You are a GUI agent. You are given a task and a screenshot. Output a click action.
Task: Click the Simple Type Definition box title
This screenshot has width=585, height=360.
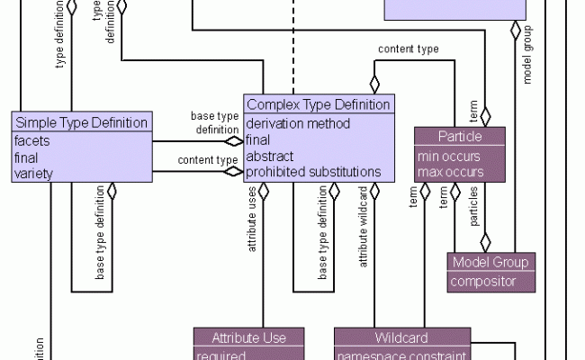(x=81, y=122)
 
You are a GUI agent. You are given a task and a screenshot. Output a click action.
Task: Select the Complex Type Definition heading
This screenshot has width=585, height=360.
(x=319, y=104)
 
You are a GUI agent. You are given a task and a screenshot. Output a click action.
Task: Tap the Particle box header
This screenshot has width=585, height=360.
(x=460, y=136)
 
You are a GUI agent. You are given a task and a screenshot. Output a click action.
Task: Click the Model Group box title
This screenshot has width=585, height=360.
(x=491, y=263)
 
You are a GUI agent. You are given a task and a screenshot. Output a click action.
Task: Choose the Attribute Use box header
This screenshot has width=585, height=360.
(x=248, y=337)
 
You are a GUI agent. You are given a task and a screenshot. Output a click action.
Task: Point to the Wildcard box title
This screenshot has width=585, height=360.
(x=401, y=337)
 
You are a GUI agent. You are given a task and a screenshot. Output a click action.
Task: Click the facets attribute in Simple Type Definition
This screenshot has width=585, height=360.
(x=33, y=140)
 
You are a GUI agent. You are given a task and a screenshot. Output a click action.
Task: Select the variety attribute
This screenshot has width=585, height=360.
(x=35, y=173)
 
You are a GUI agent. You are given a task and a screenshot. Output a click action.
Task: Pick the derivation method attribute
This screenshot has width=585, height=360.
(x=298, y=123)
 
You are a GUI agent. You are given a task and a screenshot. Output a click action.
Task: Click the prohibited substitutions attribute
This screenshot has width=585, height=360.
(x=313, y=172)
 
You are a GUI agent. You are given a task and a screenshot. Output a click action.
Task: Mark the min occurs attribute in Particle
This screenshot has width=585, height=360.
(x=446, y=155)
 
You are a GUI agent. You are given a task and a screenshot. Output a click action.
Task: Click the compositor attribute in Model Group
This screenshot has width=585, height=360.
(x=484, y=282)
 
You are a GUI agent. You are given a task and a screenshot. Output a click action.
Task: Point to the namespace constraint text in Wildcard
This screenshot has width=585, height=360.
(x=401, y=355)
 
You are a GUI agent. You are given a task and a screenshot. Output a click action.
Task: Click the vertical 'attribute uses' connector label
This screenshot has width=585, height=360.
(x=254, y=233)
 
